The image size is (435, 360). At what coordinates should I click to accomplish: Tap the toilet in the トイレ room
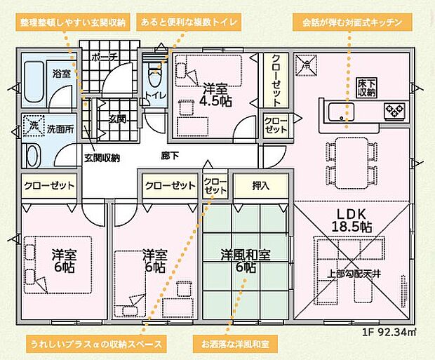[x=155, y=72]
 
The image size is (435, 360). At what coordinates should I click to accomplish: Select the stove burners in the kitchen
[x=394, y=109]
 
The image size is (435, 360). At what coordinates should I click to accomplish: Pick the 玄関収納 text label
[x=102, y=158]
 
